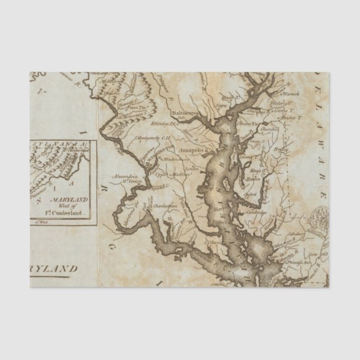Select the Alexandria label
click(x=124, y=176)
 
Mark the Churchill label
click(x=270, y=129)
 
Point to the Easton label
click(x=254, y=179)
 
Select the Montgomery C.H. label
click(x=153, y=138)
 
